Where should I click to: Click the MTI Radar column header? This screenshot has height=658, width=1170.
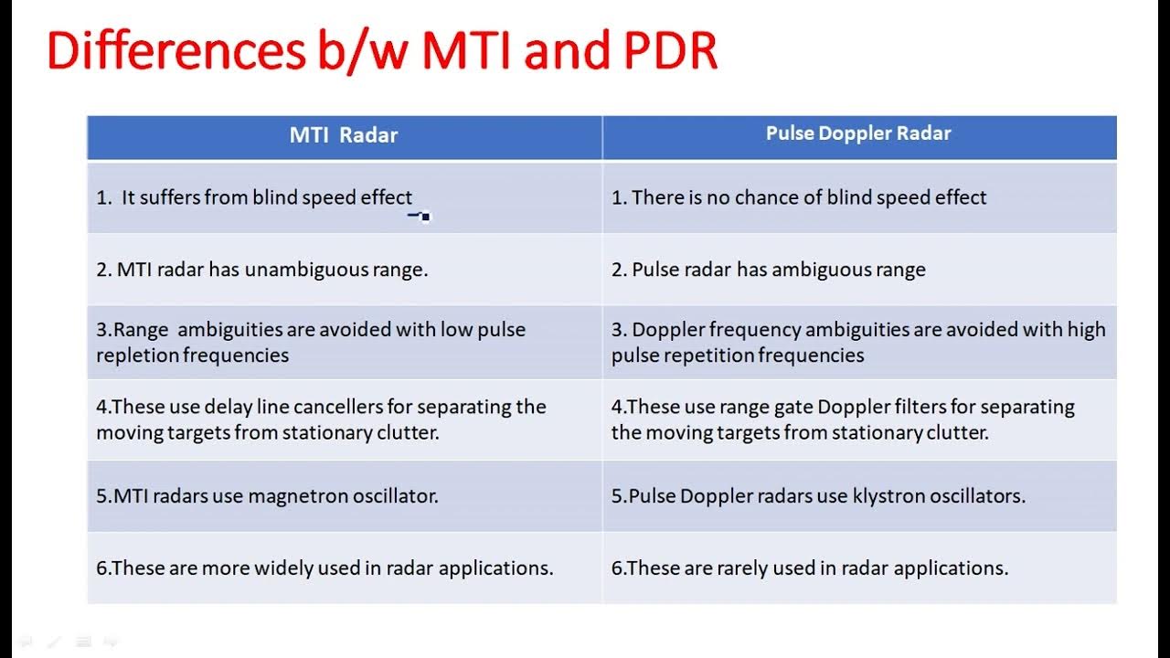[x=344, y=136]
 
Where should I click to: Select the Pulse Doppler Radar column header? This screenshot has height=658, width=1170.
[x=858, y=133]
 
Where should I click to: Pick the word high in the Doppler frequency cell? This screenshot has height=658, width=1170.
[x=1086, y=330]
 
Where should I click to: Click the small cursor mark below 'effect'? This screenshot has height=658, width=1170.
[x=420, y=217]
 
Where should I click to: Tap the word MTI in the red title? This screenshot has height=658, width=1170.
[x=472, y=52]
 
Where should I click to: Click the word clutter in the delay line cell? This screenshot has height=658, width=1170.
[x=408, y=432]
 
